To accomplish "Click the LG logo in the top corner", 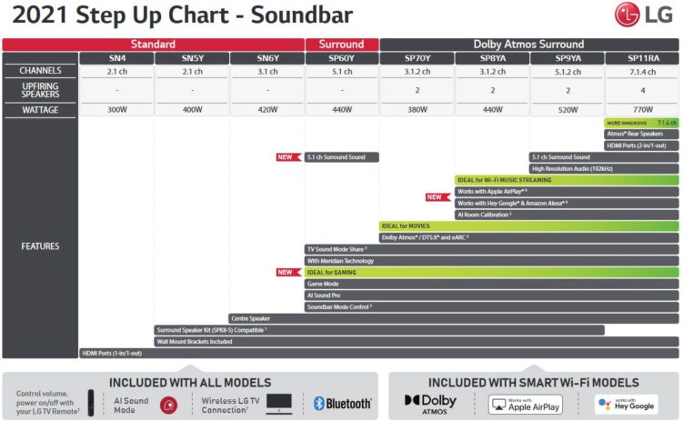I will (647, 15).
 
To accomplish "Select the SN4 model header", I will (116, 57).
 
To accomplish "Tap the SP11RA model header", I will (642, 57).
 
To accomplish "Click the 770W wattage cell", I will (642, 109).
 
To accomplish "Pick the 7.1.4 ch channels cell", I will (642, 71).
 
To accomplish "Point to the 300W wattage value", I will (116, 109).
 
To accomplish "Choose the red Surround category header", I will (341, 44).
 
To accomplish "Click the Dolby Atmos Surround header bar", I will (529, 44).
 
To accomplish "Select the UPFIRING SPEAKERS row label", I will (39, 89).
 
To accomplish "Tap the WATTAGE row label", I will (39, 109).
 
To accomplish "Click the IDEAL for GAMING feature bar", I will (491, 272).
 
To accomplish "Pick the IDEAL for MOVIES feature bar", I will (528, 226).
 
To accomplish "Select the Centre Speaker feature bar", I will (453, 319).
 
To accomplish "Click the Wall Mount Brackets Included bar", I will (416, 342).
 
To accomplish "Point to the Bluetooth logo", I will (343, 403).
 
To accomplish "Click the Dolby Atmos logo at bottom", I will (431, 402).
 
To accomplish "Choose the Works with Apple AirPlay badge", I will (525, 404).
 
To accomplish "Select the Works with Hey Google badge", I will (627, 403).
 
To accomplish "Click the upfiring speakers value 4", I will (642, 90).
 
